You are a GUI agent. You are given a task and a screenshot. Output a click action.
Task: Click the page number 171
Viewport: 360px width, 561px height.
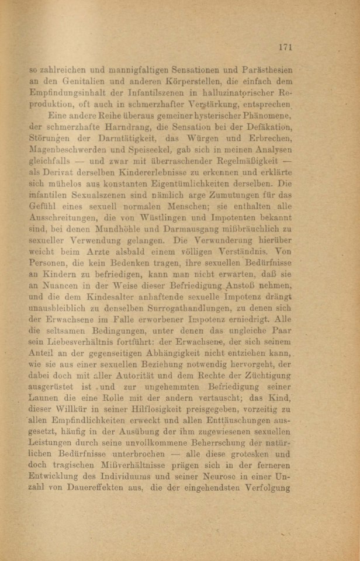(285, 47)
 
